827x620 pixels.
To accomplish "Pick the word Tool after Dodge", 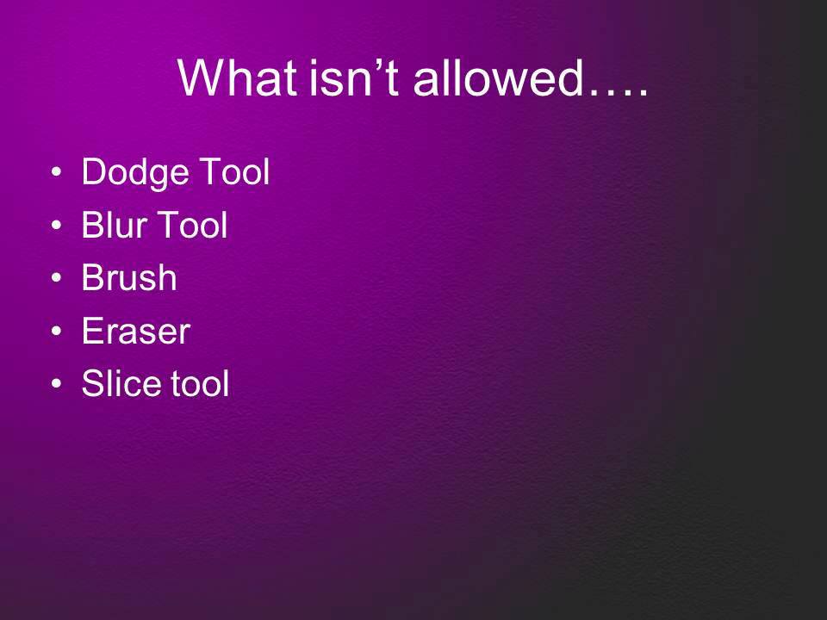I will (x=234, y=173).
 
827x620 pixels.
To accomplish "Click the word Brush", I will (x=129, y=279).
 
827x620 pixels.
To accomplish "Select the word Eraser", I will (x=135, y=332).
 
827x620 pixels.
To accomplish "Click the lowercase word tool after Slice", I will (x=198, y=384).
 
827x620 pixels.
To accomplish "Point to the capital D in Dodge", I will (x=92, y=173).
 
